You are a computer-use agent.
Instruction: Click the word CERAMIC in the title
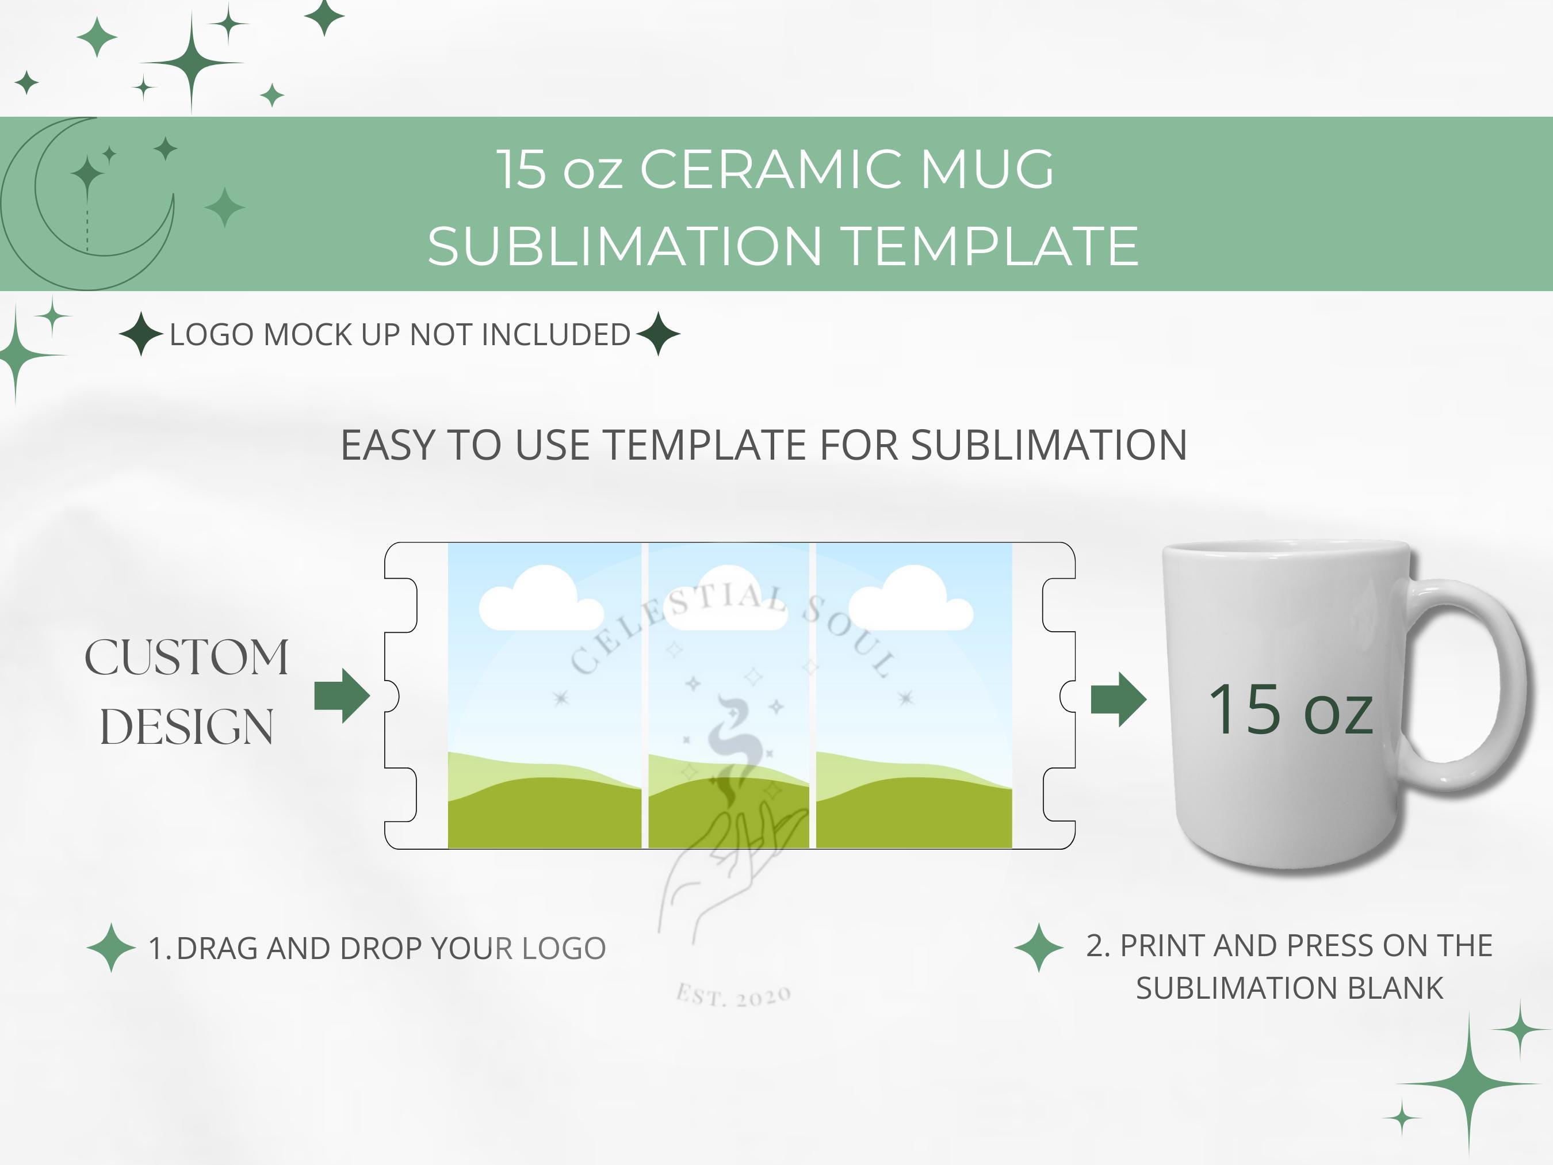point(770,169)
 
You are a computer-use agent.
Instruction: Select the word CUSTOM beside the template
point(187,658)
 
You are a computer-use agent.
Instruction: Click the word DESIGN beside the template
point(187,727)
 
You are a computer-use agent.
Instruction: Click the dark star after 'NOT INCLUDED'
point(658,334)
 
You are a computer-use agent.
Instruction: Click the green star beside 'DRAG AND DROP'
point(111,948)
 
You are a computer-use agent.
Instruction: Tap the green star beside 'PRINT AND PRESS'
point(1039,948)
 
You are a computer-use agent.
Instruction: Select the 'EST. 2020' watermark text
point(734,996)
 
